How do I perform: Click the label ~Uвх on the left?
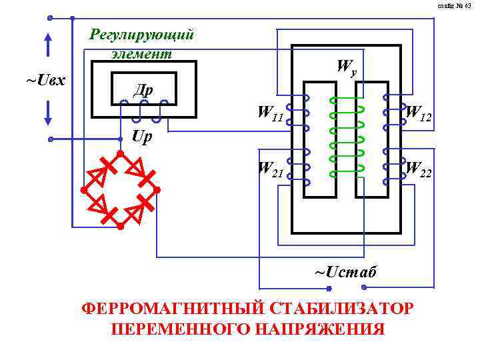click(45, 80)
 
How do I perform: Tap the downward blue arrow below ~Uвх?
click(49, 111)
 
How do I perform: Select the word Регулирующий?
click(141, 34)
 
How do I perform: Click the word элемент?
click(141, 53)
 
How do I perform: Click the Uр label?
click(142, 138)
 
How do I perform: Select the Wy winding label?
click(347, 67)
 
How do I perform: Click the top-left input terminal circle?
click(50, 18)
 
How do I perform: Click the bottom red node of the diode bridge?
click(120, 227)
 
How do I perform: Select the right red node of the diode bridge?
click(157, 190)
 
